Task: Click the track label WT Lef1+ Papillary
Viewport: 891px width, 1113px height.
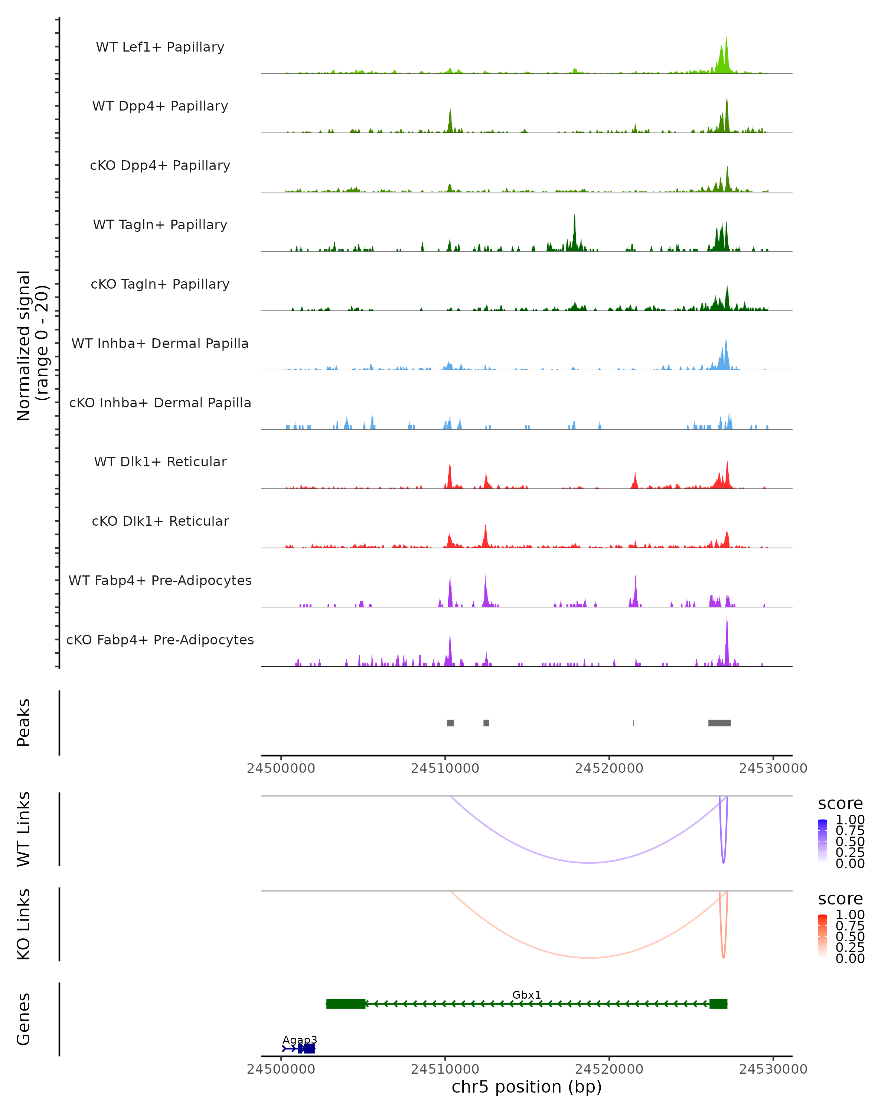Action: point(160,47)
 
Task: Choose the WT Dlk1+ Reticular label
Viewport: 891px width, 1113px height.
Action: point(160,462)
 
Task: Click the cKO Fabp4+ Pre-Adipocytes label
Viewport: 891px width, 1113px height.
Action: point(160,640)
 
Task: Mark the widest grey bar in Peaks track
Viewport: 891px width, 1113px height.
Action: point(719,723)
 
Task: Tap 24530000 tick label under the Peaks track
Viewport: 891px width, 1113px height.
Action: point(773,768)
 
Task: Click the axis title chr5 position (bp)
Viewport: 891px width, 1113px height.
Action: point(526,1087)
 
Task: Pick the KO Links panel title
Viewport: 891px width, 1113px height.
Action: point(23,924)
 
